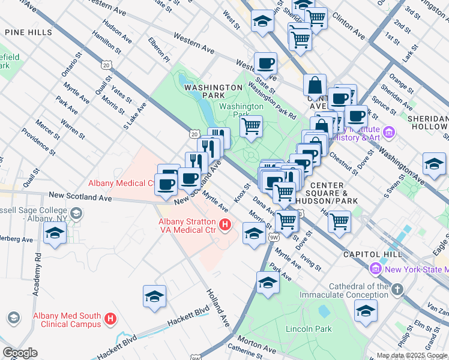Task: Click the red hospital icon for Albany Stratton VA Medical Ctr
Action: pos(225,226)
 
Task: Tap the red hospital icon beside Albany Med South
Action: pos(110,319)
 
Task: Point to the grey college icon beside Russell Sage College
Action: pos(76,213)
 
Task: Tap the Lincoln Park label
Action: pos(309,329)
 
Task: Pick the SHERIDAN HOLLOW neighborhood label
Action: pos(427,122)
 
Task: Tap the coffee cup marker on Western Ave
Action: pos(265,63)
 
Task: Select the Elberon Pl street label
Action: pos(160,49)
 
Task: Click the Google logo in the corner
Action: pos(20,353)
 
